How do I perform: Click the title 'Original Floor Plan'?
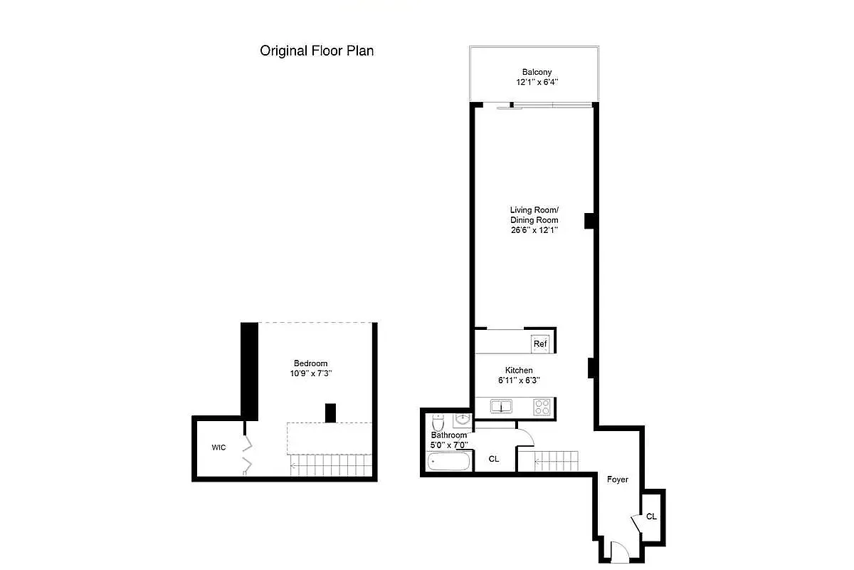pyautogui.click(x=317, y=51)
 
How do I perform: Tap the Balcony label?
pyautogui.click(x=537, y=72)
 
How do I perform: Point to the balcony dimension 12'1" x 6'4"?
pyautogui.click(x=537, y=82)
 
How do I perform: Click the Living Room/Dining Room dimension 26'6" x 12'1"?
pyautogui.click(x=534, y=230)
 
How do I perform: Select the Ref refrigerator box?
pyautogui.click(x=540, y=344)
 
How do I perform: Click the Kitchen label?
pyautogui.click(x=519, y=370)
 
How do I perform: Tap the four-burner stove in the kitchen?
pyautogui.click(x=542, y=408)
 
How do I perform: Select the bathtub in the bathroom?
pyautogui.click(x=449, y=462)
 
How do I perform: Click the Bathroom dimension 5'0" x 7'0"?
pyautogui.click(x=449, y=445)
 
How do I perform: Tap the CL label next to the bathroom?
pyautogui.click(x=493, y=459)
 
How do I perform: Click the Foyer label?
pyautogui.click(x=617, y=480)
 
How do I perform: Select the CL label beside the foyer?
pyautogui.click(x=651, y=517)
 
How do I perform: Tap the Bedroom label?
pyautogui.click(x=310, y=363)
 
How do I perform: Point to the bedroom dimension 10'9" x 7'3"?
pyautogui.click(x=310, y=373)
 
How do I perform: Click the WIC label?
pyautogui.click(x=218, y=447)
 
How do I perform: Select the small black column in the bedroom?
pyautogui.click(x=330, y=413)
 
